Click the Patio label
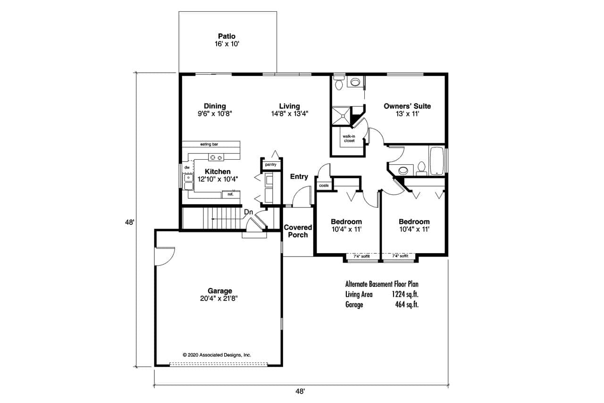[226, 36]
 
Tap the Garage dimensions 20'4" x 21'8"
[218, 299]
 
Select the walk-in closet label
[349, 138]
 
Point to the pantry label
[271, 164]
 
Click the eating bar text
[209, 144]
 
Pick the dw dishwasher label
[187, 167]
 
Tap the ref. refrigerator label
[231, 194]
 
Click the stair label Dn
[248, 212]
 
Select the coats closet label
[324, 186]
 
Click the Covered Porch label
[298, 231]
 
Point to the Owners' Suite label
[407, 106]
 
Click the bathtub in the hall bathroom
[437, 161]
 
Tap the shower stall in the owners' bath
[342, 116]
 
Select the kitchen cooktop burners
[216, 157]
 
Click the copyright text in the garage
[217, 355]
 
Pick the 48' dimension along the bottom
[300, 391]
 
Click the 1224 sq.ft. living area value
[405, 294]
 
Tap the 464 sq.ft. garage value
[407, 304]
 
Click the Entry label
[299, 177]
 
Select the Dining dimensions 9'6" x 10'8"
[215, 114]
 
